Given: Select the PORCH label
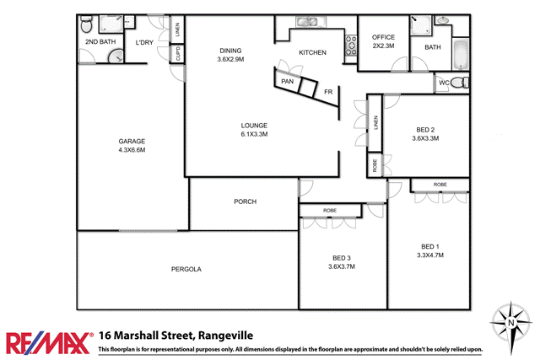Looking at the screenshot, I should point(246,201).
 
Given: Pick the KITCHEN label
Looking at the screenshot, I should point(312,53).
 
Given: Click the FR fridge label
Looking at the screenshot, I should point(327,90).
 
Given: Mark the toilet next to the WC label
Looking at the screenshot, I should point(459,83).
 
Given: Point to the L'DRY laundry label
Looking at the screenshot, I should point(143,42).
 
